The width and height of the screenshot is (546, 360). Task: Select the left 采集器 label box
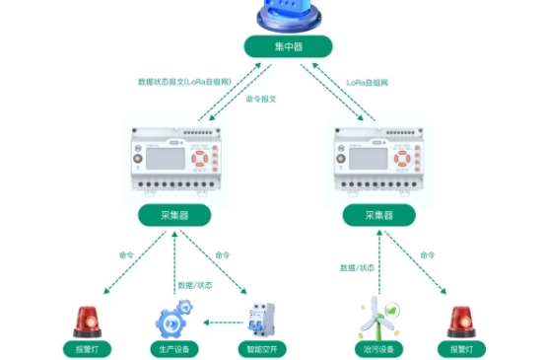click(x=174, y=214)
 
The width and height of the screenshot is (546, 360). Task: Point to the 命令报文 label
click(x=259, y=100)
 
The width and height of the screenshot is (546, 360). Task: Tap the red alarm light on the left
click(x=86, y=321)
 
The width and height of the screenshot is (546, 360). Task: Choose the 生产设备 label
click(x=173, y=348)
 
